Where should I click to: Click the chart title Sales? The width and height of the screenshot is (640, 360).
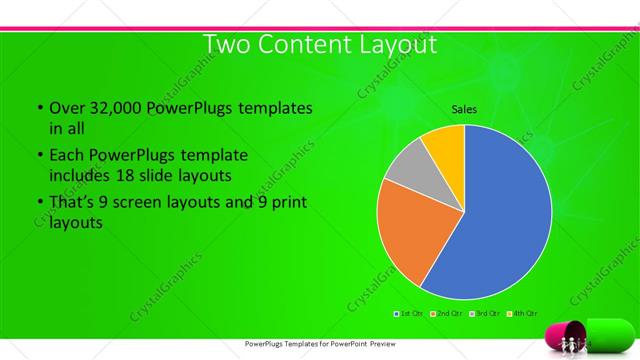464,109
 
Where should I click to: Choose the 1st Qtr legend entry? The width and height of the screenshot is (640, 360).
409,313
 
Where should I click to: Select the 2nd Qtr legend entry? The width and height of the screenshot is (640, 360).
445,313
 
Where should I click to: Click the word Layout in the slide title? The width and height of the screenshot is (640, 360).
390,46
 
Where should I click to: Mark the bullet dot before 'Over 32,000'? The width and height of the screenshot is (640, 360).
39,108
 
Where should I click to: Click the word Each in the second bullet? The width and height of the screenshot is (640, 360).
67,156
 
